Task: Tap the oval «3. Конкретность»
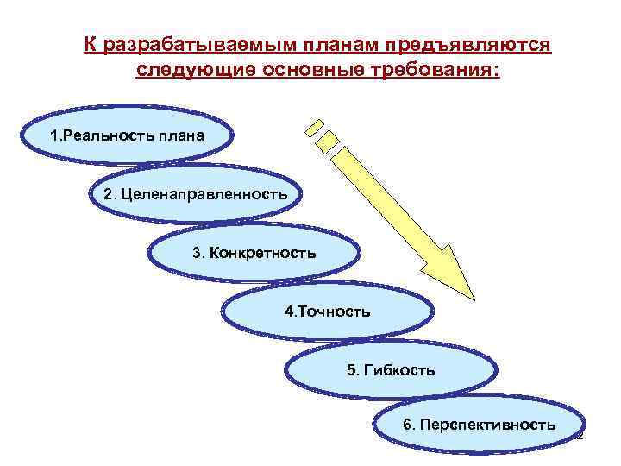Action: click(x=254, y=253)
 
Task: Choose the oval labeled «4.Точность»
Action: click(x=328, y=311)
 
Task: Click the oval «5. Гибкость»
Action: click(x=391, y=369)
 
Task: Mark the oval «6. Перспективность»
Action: click(x=479, y=425)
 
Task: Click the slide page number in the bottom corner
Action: click(x=580, y=438)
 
